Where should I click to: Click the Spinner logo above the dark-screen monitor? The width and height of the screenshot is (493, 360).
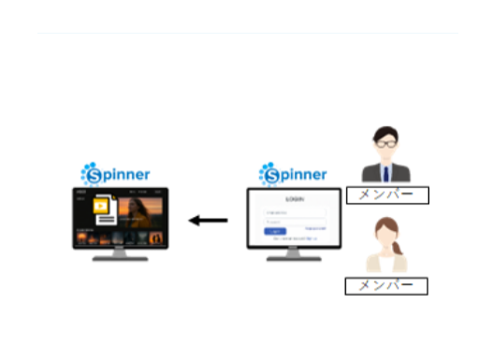tap(115, 173)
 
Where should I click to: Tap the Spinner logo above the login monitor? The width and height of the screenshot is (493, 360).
tap(293, 174)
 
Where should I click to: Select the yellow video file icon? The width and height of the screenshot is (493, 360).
tap(104, 209)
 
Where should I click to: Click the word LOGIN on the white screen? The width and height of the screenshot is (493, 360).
tap(294, 199)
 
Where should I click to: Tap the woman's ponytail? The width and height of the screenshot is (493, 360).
tap(399, 250)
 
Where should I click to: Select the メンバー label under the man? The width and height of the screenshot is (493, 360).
tap(386, 195)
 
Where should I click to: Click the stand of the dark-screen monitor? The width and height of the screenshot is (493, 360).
tap(121, 253)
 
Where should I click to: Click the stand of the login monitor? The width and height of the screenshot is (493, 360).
tap(294, 253)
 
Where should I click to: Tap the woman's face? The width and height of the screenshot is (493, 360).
tap(384, 238)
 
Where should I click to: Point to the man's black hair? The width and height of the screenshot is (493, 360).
tap(386, 132)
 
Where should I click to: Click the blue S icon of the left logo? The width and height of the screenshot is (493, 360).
tap(91, 173)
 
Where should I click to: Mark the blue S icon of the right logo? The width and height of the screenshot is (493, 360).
tap(269, 174)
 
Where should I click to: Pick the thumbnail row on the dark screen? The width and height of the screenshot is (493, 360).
tap(121, 238)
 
